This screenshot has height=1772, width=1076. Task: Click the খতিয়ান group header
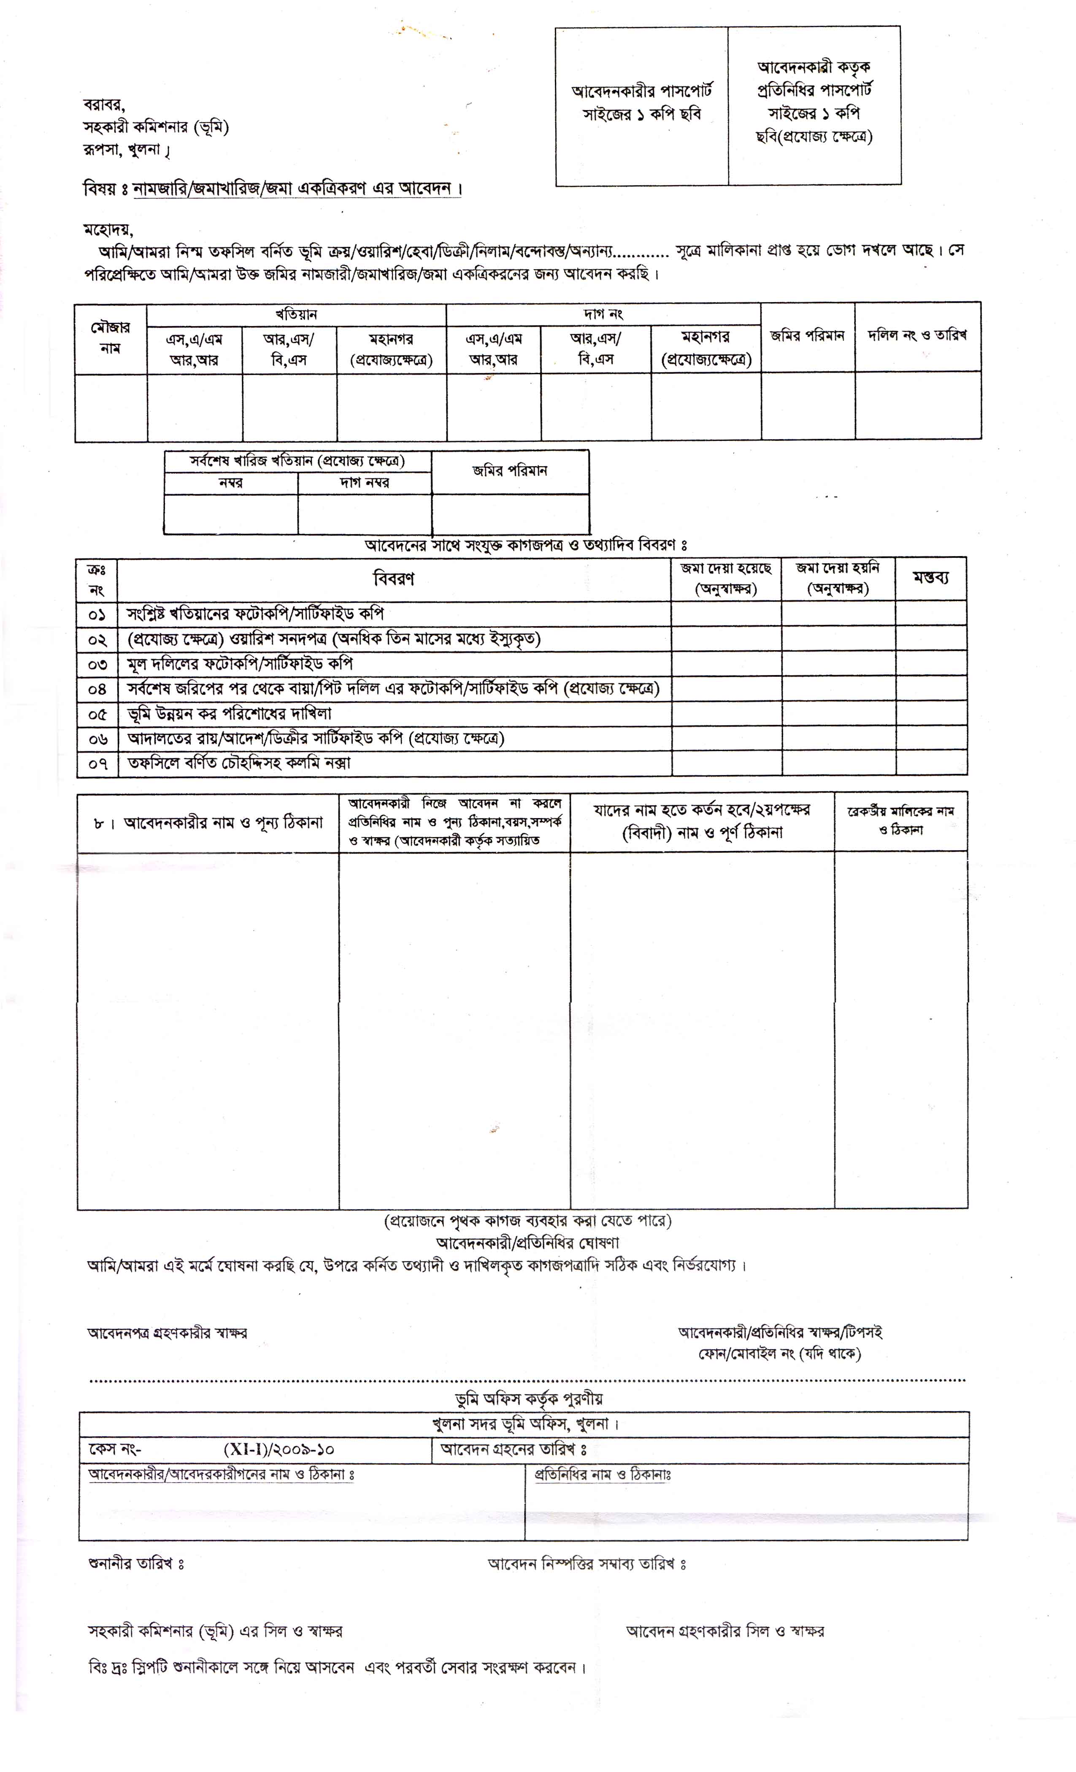click(296, 314)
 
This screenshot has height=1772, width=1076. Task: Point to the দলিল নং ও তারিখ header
click(917, 335)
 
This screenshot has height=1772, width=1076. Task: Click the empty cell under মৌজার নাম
click(111, 407)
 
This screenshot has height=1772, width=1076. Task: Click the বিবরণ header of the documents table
click(393, 579)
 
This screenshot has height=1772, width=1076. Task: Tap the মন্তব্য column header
click(931, 579)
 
